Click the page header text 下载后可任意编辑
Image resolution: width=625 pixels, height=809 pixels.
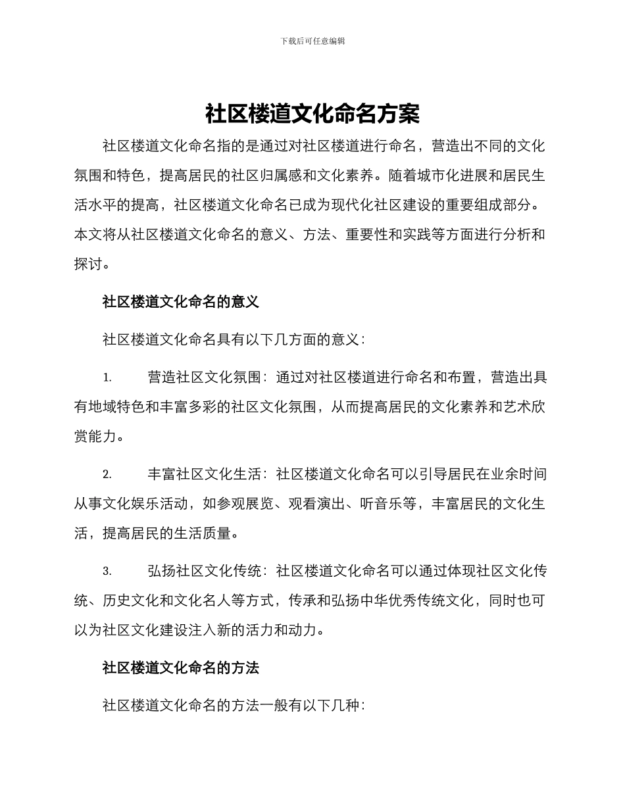pyautogui.click(x=312, y=41)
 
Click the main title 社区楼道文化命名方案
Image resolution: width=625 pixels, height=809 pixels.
pyautogui.click(x=312, y=114)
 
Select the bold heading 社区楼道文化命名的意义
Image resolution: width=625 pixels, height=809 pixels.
pyautogui.click(x=181, y=302)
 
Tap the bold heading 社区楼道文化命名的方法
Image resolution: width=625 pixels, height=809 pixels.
pyautogui.click(x=181, y=668)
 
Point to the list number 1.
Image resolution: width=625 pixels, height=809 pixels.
pyautogui.click(x=107, y=378)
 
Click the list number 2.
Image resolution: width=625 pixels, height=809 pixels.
pyautogui.click(x=107, y=475)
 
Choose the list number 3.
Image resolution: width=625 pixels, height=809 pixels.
pyautogui.click(x=107, y=572)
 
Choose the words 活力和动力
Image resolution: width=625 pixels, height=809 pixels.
pyautogui.click(x=284, y=629)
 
